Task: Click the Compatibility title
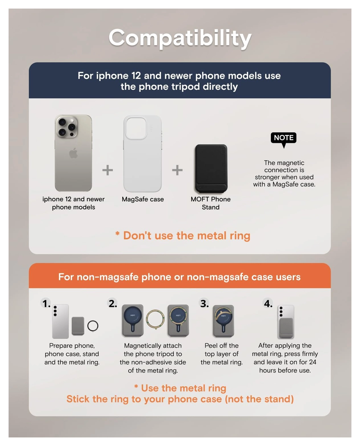pos(180,38)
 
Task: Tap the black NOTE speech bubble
pos(283,138)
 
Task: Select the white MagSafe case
pos(143,153)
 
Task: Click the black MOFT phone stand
pos(211,168)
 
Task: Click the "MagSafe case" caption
pos(143,199)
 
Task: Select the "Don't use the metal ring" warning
pos(183,235)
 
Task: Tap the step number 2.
pos(113,303)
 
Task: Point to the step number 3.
pos(204,303)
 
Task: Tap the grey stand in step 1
pos(78,326)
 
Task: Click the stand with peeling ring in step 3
pos(223,321)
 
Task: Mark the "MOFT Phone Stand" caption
pos(211,203)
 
